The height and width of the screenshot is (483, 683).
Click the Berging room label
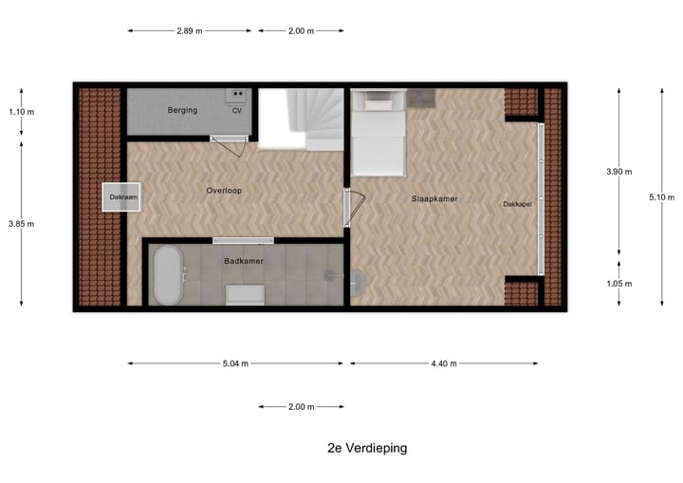(184, 111)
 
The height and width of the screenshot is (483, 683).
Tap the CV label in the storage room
(236, 111)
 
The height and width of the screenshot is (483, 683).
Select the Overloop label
(224, 191)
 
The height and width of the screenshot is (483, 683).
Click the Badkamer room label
(244, 260)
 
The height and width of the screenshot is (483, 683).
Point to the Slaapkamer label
(434, 199)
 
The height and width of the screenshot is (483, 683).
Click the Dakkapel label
(518, 204)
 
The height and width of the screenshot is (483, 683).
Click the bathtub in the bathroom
(168, 275)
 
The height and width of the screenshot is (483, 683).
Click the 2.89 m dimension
(190, 31)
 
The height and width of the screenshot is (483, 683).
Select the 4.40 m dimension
(444, 362)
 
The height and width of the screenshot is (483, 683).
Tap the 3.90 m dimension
(618, 173)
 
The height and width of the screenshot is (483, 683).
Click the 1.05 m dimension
(618, 283)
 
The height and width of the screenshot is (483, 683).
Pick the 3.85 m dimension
(21, 224)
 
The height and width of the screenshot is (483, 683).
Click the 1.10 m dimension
(21, 112)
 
